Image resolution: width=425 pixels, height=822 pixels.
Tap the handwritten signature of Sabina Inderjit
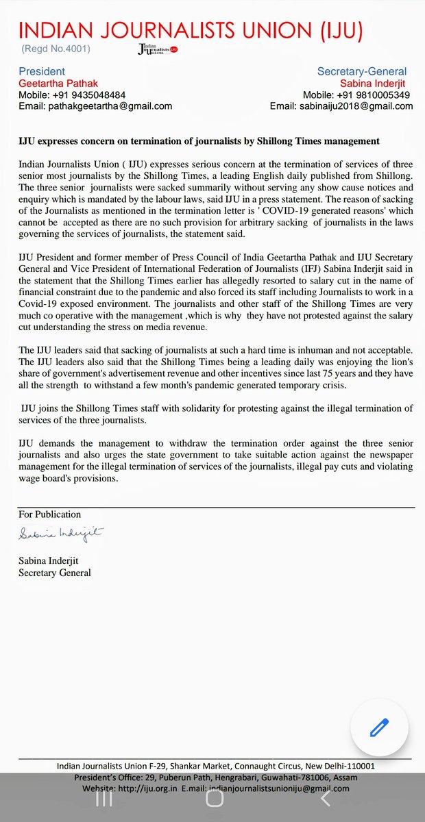61,532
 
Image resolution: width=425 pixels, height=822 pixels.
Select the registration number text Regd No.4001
56,49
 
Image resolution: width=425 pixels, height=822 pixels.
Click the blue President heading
42,71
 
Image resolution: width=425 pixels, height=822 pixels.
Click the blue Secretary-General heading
362,71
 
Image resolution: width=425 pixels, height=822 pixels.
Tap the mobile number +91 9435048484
93,95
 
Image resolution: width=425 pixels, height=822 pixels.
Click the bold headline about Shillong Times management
199,141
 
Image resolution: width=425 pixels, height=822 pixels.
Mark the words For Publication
50,514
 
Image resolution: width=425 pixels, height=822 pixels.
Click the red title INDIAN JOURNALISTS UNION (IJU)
191,31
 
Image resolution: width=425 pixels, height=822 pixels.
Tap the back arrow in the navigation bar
326,799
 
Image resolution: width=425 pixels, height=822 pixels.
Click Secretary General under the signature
55,573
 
